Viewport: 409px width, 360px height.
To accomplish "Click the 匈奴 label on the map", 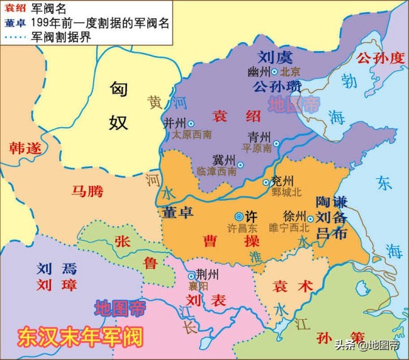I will pyautogui.click(x=118, y=105).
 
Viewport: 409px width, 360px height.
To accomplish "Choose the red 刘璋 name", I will pyautogui.click(x=56, y=285).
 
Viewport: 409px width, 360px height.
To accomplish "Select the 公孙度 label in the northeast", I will pyautogui.click(x=379, y=59).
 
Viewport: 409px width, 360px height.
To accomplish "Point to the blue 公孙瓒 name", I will pyautogui.click(x=277, y=86).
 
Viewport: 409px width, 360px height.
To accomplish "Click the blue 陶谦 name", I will pyautogui.click(x=332, y=202).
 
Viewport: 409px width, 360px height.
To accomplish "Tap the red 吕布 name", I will pyautogui.click(x=332, y=232).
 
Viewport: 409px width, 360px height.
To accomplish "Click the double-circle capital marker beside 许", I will pyautogui.click(x=238, y=215).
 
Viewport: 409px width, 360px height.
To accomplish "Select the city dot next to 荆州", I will pyautogui.click(x=192, y=276).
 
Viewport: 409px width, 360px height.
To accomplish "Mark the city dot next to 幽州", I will pyautogui.click(x=274, y=72).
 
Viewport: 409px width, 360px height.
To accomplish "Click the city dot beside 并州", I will pyautogui.click(x=191, y=123).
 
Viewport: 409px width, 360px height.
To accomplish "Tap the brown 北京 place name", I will pyautogui.click(x=292, y=72).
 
